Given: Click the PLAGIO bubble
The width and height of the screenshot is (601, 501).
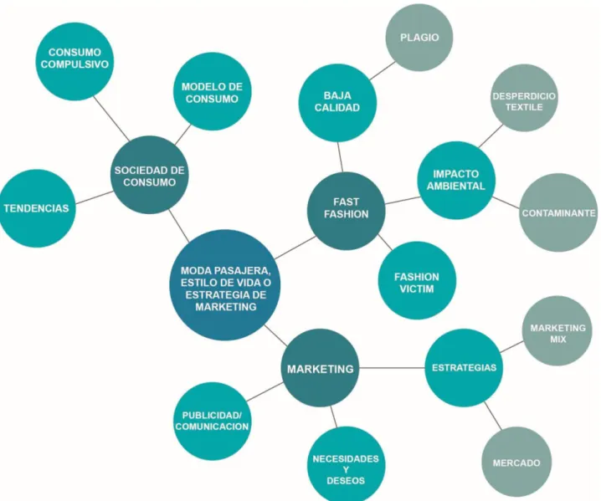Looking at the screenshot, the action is click(419, 38).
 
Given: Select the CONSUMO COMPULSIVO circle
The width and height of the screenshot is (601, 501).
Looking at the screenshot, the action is click(74, 61).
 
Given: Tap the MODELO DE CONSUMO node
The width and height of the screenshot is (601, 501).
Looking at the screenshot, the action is click(212, 92).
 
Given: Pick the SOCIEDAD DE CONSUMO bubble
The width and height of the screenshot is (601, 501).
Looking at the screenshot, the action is click(150, 175).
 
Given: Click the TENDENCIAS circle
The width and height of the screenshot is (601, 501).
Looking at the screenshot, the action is click(37, 208).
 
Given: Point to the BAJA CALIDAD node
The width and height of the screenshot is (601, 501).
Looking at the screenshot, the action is click(337, 103).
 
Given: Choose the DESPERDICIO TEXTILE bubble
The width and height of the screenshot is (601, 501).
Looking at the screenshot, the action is click(524, 98).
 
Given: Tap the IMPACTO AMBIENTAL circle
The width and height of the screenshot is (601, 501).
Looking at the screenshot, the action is click(456, 181).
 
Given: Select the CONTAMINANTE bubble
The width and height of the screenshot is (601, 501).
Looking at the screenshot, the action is click(558, 212).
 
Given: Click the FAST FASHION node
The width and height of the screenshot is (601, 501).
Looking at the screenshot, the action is click(346, 211).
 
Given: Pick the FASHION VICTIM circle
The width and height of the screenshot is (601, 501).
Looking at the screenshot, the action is click(417, 280).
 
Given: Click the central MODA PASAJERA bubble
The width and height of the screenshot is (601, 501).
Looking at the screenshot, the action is click(225, 285).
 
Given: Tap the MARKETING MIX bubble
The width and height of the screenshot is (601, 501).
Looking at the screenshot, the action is click(557, 331).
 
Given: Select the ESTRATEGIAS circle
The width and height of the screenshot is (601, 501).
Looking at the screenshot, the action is click(464, 368).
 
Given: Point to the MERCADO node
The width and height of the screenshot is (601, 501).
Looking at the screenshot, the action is click(516, 463).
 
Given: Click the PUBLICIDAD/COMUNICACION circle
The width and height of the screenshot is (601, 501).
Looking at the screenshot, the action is click(212, 421).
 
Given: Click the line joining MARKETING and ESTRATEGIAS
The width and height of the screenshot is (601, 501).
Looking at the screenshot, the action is click(392, 368).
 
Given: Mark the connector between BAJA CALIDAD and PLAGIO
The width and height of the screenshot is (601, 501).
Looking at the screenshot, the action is click(383, 70).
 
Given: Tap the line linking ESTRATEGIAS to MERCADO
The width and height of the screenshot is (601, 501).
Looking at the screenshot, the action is click(492, 415).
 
